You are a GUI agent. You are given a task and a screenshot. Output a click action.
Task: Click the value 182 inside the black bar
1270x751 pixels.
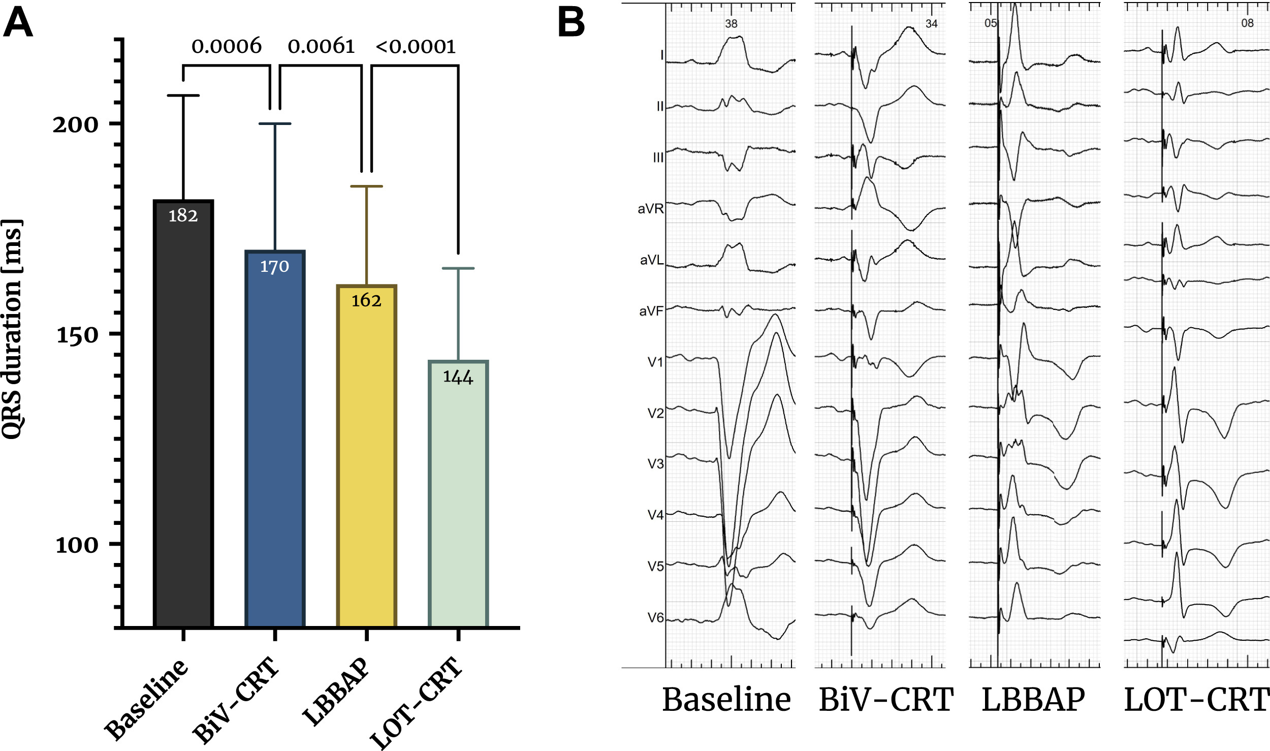point(183,216)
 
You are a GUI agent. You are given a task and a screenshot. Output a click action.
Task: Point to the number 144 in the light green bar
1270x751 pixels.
point(458,377)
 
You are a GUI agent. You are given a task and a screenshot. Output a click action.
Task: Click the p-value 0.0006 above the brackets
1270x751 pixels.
point(227,47)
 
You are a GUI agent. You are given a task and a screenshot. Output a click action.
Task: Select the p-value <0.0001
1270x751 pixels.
point(416,47)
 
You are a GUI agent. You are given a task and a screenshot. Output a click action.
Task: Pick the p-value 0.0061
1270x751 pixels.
point(321,47)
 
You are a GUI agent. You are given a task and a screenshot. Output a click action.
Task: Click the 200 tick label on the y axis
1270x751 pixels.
point(76,124)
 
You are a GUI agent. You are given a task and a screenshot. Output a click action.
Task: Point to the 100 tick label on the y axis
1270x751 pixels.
point(77,545)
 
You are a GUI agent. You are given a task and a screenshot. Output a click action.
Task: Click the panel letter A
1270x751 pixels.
point(18,23)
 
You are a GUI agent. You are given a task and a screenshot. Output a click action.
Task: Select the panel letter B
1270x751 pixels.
point(571,23)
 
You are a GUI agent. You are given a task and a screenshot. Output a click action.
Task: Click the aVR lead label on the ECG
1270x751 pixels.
point(650,209)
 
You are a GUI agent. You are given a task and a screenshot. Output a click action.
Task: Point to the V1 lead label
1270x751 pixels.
point(655,362)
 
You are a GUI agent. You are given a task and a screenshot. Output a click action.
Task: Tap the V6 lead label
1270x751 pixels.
point(655,618)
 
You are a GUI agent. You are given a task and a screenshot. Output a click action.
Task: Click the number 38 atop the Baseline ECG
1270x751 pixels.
point(731,24)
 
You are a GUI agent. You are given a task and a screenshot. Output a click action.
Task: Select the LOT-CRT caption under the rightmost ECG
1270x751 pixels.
point(1196,700)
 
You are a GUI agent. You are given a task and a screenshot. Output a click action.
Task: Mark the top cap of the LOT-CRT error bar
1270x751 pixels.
point(458,268)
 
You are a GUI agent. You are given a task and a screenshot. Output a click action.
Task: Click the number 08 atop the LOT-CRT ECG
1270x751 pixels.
point(1247,23)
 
